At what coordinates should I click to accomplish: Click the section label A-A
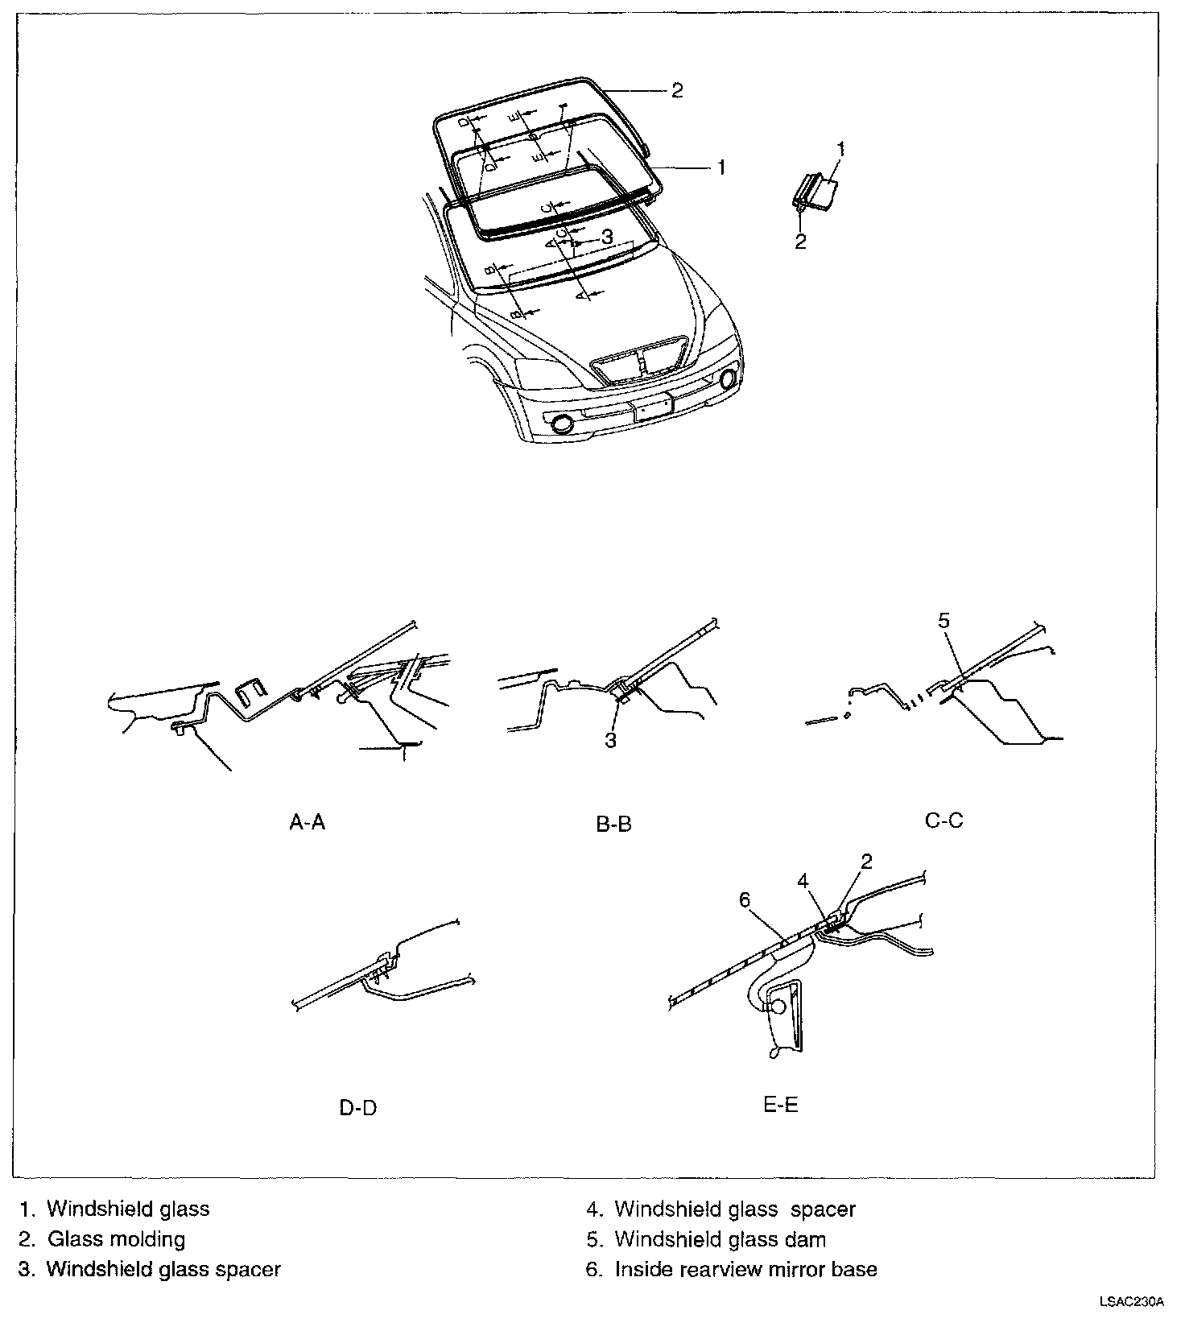tap(308, 822)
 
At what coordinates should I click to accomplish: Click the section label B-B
tap(613, 824)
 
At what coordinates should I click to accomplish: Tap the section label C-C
tap(943, 821)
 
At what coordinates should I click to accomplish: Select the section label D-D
tap(358, 1107)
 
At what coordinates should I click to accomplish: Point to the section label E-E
tap(780, 1105)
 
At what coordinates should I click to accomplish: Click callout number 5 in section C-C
tap(943, 620)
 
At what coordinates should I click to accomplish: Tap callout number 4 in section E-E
tap(803, 881)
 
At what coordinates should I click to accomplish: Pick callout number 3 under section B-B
tap(610, 740)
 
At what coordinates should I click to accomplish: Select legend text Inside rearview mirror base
tap(745, 1269)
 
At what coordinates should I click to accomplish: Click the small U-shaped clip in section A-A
tap(253, 690)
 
